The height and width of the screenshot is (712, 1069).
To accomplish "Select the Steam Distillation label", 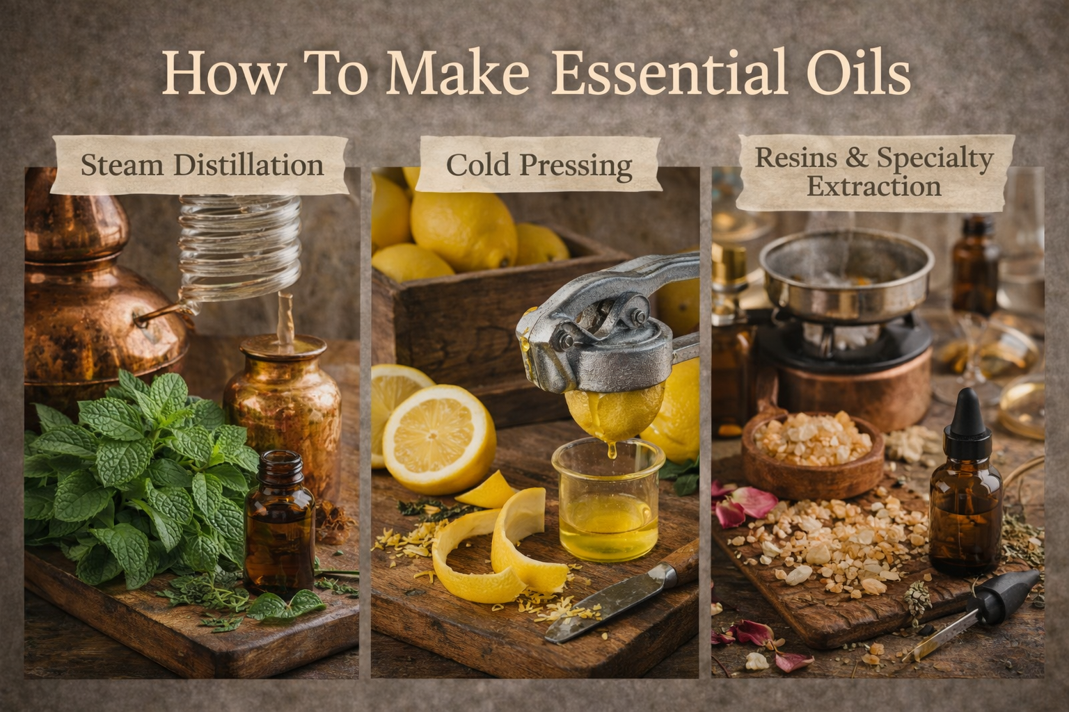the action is point(201,165).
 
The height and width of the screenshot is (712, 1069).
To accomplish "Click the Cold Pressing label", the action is point(539,165).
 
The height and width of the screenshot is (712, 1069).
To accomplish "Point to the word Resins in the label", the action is point(795,157).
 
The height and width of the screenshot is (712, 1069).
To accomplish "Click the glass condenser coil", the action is point(240,248).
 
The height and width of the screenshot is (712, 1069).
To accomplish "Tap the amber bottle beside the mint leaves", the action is point(280,524).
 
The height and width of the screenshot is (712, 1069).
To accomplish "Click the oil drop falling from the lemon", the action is point(612,450).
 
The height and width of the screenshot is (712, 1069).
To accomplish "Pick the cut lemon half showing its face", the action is point(438,439).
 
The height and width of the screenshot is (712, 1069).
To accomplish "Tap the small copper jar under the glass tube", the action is point(283,410).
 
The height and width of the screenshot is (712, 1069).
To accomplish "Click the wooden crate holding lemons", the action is point(482,329).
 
